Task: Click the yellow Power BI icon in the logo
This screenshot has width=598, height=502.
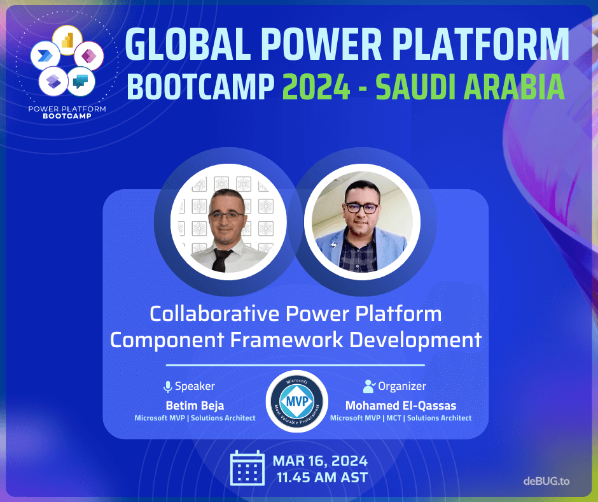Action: tap(67, 40)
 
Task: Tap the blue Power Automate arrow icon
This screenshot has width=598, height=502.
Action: tap(45, 56)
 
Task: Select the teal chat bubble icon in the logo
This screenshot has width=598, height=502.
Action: tap(80, 81)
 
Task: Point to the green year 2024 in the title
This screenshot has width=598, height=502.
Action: tap(316, 87)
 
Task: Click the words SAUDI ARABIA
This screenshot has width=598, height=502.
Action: tap(470, 87)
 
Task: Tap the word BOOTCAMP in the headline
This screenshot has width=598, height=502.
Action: tap(200, 87)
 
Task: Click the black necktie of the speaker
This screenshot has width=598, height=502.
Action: tap(221, 260)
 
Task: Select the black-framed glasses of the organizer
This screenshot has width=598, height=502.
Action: tap(362, 208)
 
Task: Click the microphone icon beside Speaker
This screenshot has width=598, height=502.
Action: tap(167, 387)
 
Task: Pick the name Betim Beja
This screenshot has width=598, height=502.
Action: tap(195, 405)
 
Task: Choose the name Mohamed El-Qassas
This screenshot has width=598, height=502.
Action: tap(401, 405)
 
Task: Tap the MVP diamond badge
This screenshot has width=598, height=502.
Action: tap(297, 401)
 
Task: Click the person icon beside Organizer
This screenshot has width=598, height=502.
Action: tap(369, 386)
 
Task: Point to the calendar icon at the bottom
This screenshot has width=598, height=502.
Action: tap(247, 468)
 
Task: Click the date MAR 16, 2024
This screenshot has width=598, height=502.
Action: tap(320, 461)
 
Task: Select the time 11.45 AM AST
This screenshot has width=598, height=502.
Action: tap(323, 478)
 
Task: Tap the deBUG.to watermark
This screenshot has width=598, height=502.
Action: tap(546, 481)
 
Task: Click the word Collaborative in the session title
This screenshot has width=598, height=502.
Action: tap(214, 313)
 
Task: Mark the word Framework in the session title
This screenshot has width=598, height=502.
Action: tap(286, 340)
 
